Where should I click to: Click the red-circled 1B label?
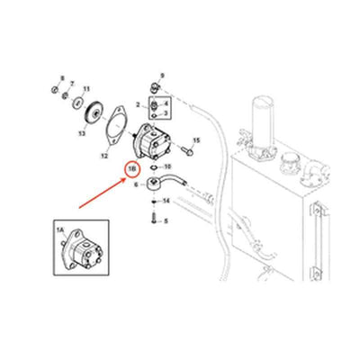[131, 169]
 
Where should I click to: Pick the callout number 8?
[62, 79]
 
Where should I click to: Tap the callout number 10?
[168, 167]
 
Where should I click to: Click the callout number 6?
[135, 184]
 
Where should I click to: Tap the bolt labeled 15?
[183, 141]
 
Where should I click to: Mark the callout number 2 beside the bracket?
[138, 105]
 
